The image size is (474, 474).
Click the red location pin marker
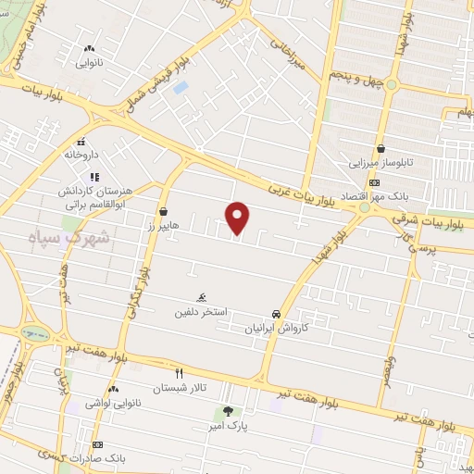(238, 218)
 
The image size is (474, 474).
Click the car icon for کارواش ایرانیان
(276, 314)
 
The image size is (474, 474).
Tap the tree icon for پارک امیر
(227, 411)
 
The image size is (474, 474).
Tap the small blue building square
(180, 87)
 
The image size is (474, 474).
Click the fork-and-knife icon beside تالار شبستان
(180, 373)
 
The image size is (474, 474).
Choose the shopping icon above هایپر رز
(164, 211)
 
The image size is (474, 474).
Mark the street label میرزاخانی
(286, 52)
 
